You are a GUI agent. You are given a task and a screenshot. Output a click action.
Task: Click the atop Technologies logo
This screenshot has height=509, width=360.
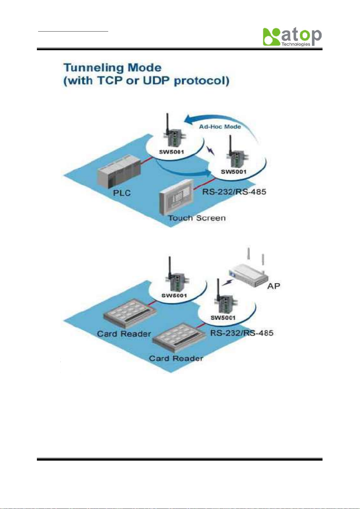click(x=292, y=37)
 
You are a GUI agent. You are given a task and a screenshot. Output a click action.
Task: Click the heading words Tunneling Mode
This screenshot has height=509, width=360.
click(x=112, y=67)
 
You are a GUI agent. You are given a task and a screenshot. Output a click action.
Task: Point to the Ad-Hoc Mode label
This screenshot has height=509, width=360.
click(x=220, y=127)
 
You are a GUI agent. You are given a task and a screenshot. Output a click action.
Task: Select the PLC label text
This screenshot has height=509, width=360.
click(x=122, y=193)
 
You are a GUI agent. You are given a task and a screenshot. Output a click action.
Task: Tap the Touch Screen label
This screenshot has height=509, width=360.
click(x=197, y=218)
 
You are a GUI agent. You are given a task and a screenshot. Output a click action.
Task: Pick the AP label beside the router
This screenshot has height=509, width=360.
click(x=274, y=286)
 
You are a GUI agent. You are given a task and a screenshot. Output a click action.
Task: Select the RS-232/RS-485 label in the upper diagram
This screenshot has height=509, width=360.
click(x=234, y=192)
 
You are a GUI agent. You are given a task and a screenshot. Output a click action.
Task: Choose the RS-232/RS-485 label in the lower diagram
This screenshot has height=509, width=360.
click(x=242, y=333)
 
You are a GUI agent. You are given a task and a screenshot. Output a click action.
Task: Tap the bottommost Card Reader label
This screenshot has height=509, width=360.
click(x=176, y=358)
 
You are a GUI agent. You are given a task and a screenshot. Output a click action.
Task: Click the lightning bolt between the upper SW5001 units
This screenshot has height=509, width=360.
click(x=211, y=150)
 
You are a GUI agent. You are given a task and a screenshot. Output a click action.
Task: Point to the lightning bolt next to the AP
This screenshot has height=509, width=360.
click(x=227, y=283)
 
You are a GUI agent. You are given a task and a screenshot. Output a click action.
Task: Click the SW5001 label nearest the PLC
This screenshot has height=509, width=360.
click(x=171, y=152)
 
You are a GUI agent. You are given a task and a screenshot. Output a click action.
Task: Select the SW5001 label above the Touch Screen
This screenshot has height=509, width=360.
click(x=234, y=172)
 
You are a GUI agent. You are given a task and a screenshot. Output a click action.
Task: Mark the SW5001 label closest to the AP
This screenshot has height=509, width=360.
click(x=223, y=318)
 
